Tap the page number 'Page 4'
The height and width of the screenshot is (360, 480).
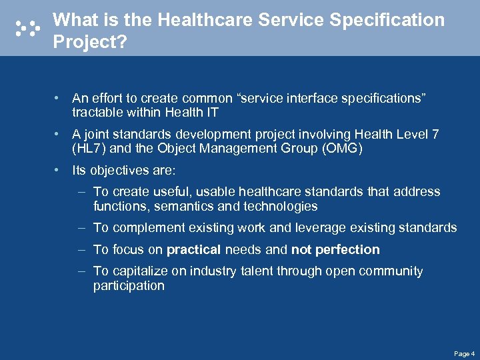tap(464, 353)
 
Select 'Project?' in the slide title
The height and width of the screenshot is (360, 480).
tap(89, 42)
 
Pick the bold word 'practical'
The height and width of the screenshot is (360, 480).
tap(193, 249)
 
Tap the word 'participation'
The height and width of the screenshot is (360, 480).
tap(129, 285)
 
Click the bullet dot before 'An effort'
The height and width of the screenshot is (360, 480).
tap(60, 99)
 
